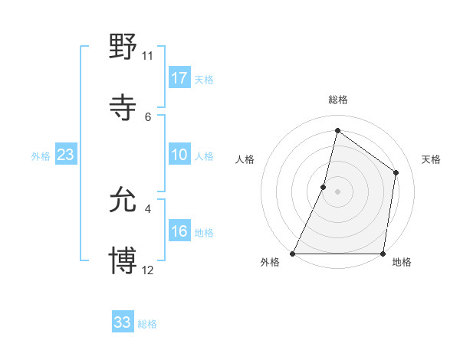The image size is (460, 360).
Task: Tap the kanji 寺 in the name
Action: pyautogui.click(x=123, y=108)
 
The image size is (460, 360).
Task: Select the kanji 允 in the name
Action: pyautogui.click(x=123, y=200)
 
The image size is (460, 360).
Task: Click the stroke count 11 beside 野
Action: pyautogui.click(x=147, y=56)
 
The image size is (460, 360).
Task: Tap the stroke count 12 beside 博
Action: pyautogui.click(x=147, y=270)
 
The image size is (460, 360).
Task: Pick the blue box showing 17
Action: pyautogui.click(x=179, y=78)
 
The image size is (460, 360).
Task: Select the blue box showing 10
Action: pyautogui.click(x=179, y=155)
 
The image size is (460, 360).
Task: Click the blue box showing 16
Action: pyautogui.click(x=179, y=231)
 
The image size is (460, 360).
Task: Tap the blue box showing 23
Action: pyautogui.click(x=66, y=155)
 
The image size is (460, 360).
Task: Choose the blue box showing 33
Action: pyautogui.click(x=123, y=322)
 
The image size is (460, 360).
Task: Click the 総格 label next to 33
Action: pyautogui.click(x=147, y=324)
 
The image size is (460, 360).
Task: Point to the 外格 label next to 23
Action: pyautogui.click(x=41, y=156)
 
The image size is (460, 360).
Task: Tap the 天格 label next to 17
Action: pyautogui.click(x=204, y=80)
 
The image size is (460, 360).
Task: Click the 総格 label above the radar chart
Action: pyautogui.click(x=337, y=100)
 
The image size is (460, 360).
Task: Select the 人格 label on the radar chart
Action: pyautogui.click(x=245, y=159)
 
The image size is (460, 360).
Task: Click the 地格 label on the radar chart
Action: pyautogui.click(x=402, y=263)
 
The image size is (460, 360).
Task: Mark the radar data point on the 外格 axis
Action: pyautogui.click(x=293, y=254)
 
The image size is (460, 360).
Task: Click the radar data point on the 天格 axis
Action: pyautogui.click(x=396, y=172)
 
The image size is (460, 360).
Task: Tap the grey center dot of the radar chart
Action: pyautogui.click(x=337, y=191)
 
